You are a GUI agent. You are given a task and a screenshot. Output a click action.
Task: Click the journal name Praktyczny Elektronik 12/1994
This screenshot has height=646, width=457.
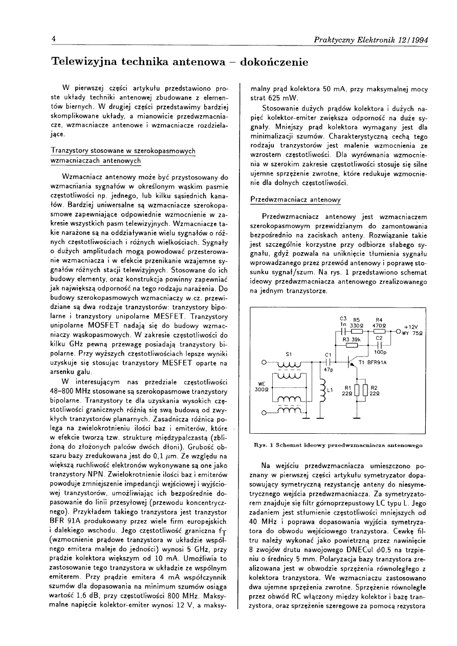coord(372,40)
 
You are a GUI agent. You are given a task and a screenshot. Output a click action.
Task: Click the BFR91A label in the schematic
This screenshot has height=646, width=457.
coord(377,362)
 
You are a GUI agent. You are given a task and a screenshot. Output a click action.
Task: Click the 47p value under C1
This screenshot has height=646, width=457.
coord(328,370)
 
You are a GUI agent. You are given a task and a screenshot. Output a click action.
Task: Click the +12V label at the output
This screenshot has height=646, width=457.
coord(411,327)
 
